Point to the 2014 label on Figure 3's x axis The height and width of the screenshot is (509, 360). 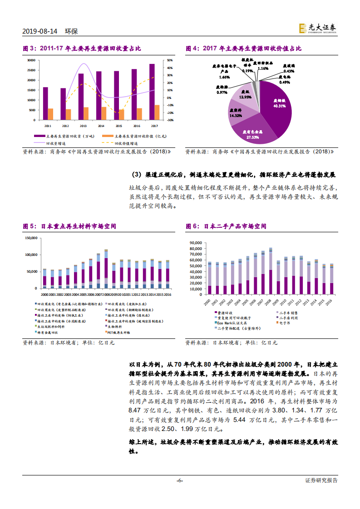pos(101,126)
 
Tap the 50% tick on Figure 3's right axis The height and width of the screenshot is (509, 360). pos(169,60)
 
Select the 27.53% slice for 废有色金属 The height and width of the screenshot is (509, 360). pos(252,132)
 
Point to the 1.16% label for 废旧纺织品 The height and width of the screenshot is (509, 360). pos(263,69)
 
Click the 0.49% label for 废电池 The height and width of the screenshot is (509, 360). pos(285,82)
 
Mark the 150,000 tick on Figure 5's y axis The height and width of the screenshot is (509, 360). pos(30,238)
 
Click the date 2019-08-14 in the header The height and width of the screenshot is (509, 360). pos(40,31)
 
